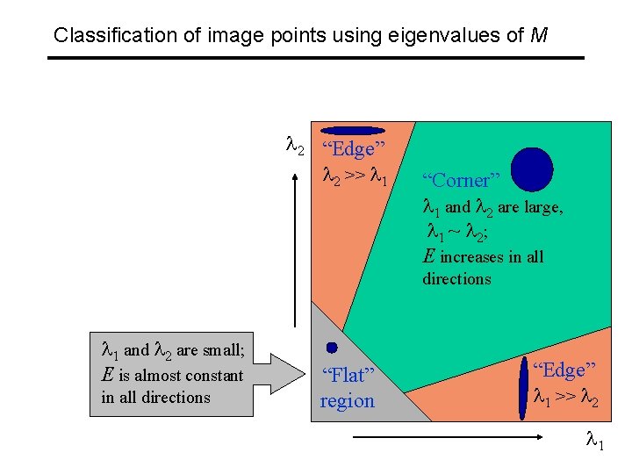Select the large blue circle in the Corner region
tap(532, 169)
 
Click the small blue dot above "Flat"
tap(332, 347)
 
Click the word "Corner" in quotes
tap(461, 181)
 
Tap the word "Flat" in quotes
tap(348, 376)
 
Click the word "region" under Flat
tap(347, 401)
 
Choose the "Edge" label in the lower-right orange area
tap(565, 370)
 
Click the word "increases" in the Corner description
tap(480, 257)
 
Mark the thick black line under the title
tap(315, 59)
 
